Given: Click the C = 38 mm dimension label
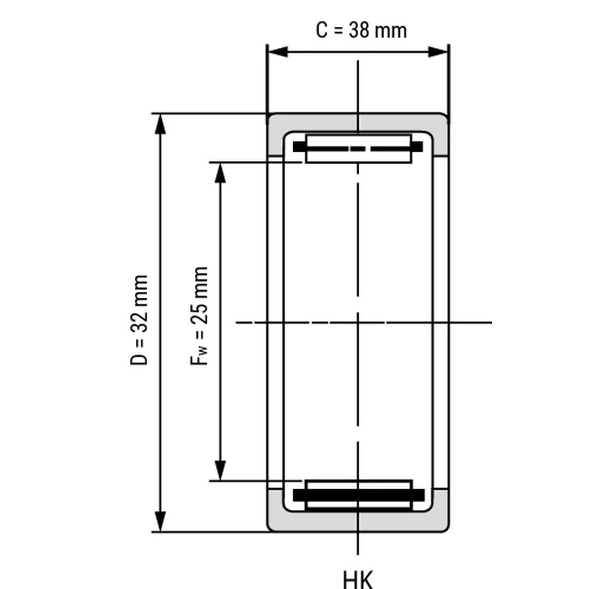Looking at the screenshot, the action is (x=361, y=30).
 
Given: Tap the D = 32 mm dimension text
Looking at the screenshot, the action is (x=139, y=319).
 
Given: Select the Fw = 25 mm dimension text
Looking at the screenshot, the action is (x=199, y=316).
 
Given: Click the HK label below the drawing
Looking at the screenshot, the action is (x=358, y=579).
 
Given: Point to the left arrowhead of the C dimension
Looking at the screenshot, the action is (x=278, y=52).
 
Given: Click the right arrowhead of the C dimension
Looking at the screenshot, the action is (x=438, y=52).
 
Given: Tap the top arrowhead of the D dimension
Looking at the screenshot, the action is (x=160, y=124).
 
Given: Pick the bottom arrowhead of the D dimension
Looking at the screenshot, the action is (x=160, y=522).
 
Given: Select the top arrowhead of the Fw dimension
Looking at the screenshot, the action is (x=220, y=173).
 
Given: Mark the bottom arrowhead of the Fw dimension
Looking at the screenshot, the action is (x=220, y=471).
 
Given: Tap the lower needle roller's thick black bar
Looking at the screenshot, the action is (x=359, y=495).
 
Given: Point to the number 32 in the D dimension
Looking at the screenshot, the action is (x=139, y=321).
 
